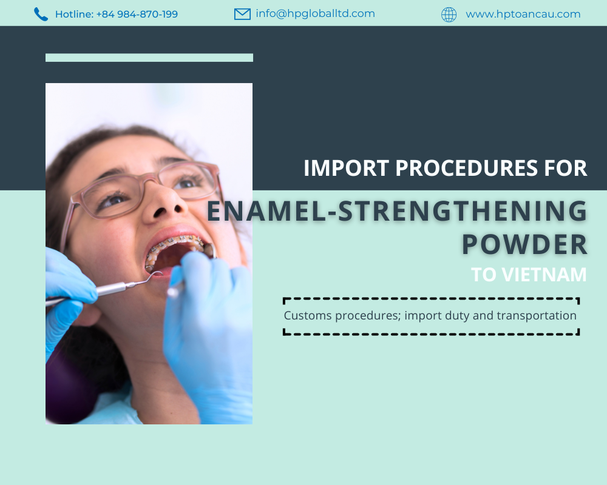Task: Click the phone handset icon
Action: coord(41,14)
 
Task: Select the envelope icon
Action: coord(242,14)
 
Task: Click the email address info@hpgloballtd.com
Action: coord(315,13)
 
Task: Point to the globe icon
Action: coord(449,15)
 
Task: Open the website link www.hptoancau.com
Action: coord(523,14)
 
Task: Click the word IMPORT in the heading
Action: coord(346,168)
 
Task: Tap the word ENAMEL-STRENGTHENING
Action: coord(397,211)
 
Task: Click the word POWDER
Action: coord(524,244)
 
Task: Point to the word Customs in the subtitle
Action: coord(305,315)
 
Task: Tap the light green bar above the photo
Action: coord(149,58)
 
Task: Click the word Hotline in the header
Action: coord(74,14)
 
